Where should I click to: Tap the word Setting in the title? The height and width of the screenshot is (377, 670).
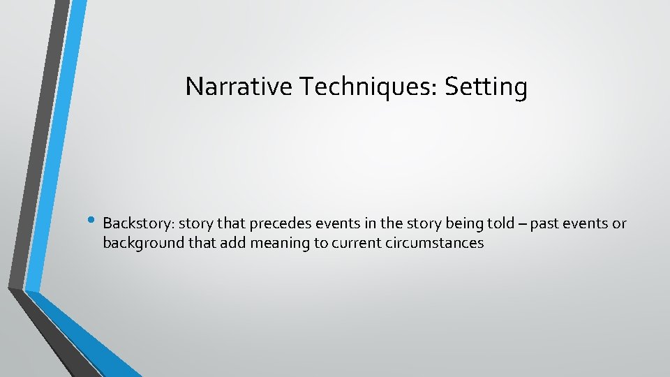click(486, 87)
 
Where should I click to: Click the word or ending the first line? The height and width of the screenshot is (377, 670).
click(619, 224)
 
